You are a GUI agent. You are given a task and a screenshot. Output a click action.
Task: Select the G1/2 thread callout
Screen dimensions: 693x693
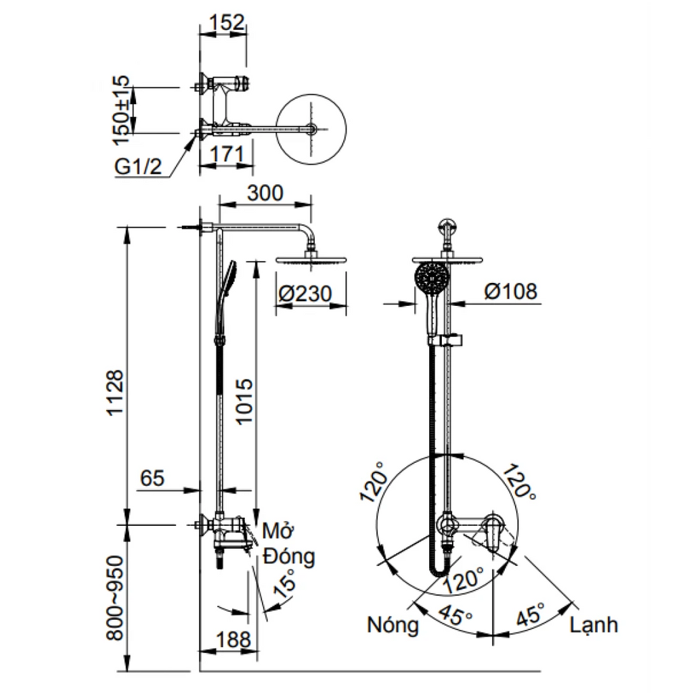138,166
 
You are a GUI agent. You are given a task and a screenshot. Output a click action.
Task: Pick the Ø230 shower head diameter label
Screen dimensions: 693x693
305,294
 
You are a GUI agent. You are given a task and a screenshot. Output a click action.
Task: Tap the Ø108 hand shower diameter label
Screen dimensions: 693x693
511,292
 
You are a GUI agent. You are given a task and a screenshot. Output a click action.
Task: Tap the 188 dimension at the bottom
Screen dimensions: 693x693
233,639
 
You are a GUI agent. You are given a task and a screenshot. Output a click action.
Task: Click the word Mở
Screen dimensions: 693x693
275,531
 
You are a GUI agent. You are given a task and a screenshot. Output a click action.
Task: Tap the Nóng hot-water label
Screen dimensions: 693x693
393,625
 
